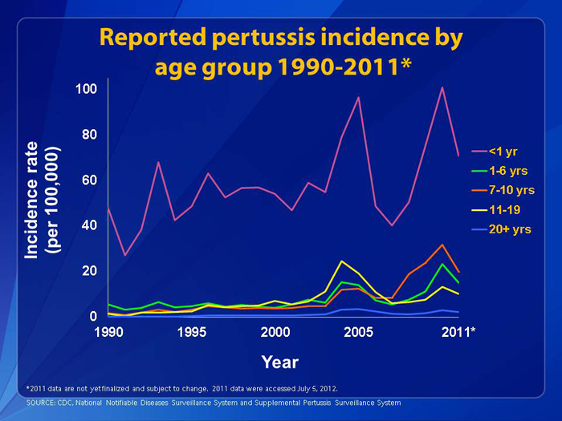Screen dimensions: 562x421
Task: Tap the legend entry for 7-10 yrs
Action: (x=503, y=190)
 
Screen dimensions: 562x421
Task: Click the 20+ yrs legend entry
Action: (x=502, y=229)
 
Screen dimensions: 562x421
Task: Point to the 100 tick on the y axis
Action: (x=87, y=89)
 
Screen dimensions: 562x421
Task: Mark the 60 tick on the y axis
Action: (x=90, y=180)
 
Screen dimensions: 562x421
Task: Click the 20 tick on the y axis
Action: (x=90, y=271)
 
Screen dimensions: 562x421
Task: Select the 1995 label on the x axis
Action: (x=192, y=332)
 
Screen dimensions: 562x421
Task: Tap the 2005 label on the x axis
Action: (x=358, y=332)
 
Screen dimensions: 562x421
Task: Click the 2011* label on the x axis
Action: (x=458, y=332)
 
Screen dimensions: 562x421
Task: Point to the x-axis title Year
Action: (x=280, y=362)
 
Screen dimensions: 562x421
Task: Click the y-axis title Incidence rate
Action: (x=31, y=200)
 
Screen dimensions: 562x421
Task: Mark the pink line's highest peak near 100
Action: (x=442, y=87)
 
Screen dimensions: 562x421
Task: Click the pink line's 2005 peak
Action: (x=358, y=97)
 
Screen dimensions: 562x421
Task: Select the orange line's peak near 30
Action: (x=442, y=245)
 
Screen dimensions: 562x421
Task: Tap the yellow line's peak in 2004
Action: (x=342, y=261)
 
